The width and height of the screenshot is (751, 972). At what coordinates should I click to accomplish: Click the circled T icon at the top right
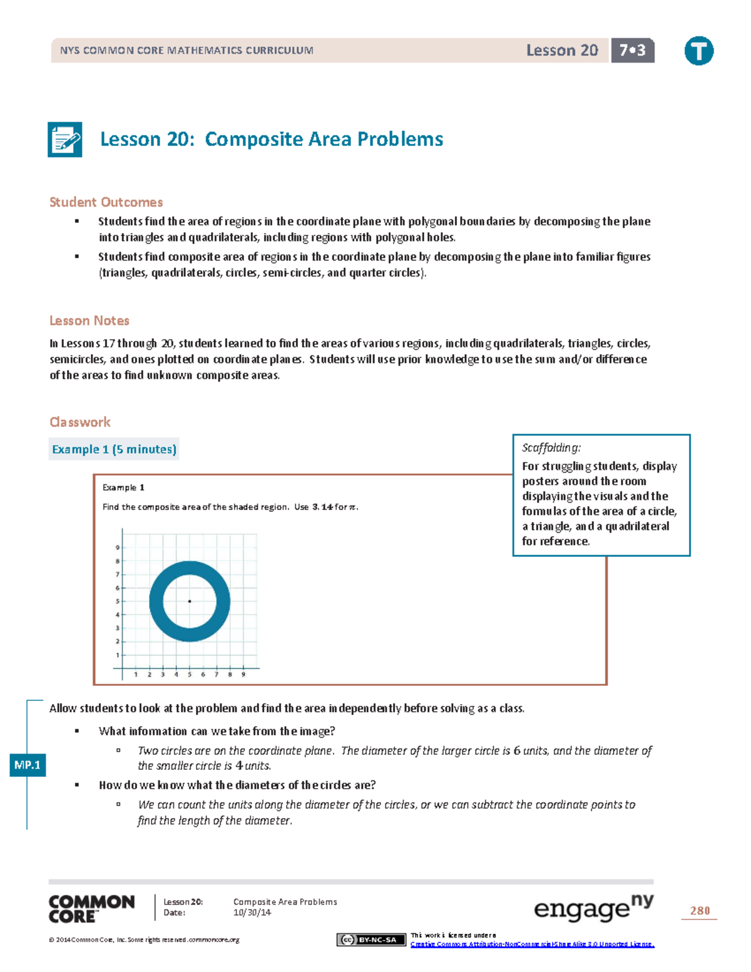698,51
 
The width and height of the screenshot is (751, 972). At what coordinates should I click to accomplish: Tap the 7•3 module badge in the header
632,51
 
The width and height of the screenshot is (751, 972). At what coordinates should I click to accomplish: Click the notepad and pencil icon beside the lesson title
65,140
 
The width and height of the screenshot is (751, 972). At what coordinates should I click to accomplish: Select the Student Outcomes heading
106,202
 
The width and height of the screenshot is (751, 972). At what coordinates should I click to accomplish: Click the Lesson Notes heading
89,320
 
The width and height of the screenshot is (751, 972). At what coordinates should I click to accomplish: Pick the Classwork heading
80,422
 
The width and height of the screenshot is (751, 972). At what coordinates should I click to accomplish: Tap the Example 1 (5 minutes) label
114,449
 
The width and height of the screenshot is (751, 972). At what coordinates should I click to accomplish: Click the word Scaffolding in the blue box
551,448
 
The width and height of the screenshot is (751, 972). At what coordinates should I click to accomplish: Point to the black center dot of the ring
190,601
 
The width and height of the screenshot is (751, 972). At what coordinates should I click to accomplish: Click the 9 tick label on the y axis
117,548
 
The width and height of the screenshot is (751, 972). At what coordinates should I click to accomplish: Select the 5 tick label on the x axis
190,675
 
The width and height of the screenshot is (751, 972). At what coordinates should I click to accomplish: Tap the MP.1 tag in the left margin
28,765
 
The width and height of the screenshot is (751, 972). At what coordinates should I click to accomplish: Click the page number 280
700,911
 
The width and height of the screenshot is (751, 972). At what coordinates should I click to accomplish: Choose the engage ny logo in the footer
593,908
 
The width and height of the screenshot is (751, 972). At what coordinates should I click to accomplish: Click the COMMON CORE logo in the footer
91,909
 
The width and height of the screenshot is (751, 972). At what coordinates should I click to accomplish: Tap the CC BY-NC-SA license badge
371,939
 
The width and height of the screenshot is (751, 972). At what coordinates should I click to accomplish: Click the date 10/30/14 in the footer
252,913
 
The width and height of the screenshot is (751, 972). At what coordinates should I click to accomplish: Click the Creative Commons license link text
532,944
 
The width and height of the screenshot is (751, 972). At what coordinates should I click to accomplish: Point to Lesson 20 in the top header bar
561,51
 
